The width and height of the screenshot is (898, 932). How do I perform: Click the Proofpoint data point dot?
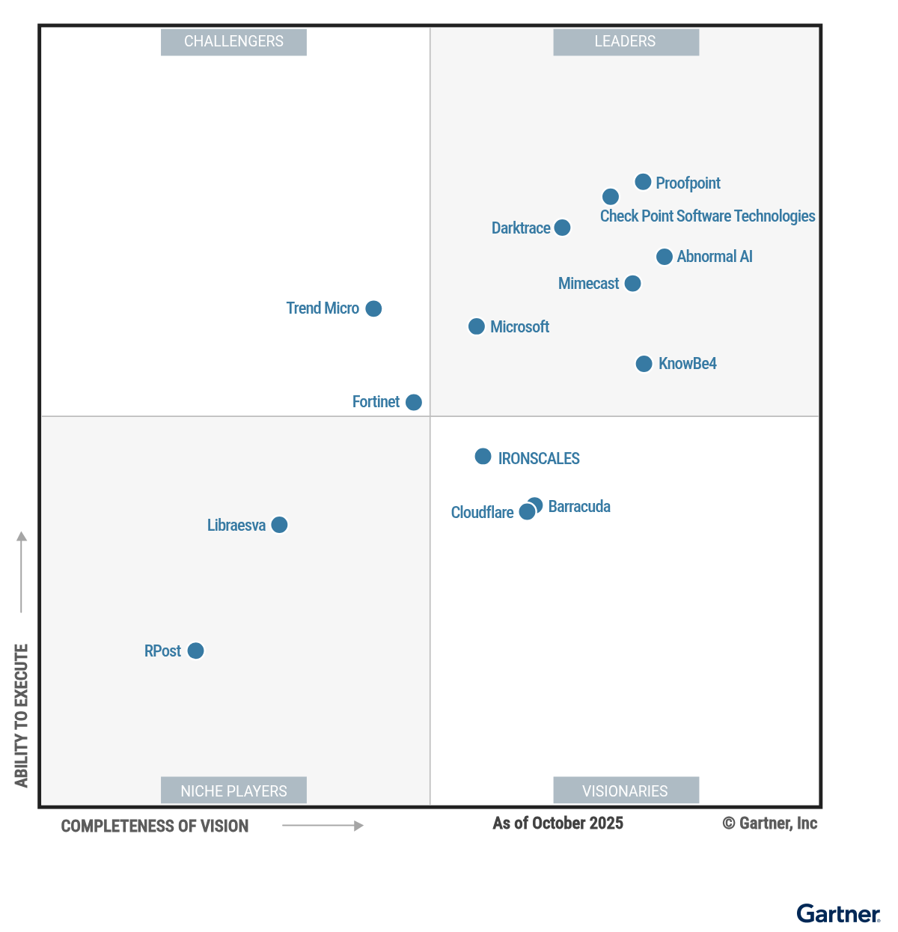click(643, 182)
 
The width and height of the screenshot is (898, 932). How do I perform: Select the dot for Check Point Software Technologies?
click(611, 197)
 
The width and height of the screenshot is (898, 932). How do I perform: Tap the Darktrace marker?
click(563, 228)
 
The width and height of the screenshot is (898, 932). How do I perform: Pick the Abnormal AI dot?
click(664, 257)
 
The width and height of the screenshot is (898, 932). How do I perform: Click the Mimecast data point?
click(632, 284)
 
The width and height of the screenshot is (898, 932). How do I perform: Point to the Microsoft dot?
click(477, 326)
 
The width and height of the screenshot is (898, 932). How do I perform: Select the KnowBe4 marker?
click(644, 364)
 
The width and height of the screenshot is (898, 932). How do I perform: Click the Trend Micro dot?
click(373, 308)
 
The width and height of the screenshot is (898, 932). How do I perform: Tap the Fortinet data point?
click(414, 403)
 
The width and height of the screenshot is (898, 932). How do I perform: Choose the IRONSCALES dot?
click(483, 457)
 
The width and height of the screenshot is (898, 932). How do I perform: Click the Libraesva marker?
click(279, 525)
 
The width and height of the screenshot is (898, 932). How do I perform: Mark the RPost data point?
click(195, 651)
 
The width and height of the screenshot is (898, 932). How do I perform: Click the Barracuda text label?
click(579, 507)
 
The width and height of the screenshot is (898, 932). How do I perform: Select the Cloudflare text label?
click(482, 513)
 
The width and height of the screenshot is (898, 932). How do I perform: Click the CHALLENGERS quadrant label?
click(233, 42)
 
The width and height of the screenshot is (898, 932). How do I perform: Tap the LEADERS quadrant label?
click(626, 42)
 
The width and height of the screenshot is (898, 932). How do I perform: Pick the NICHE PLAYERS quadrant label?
click(233, 791)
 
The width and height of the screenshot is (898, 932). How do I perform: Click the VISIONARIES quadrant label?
click(626, 791)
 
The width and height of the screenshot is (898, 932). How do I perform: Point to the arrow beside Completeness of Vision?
click(323, 826)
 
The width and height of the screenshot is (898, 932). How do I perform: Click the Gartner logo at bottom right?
click(838, 914)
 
